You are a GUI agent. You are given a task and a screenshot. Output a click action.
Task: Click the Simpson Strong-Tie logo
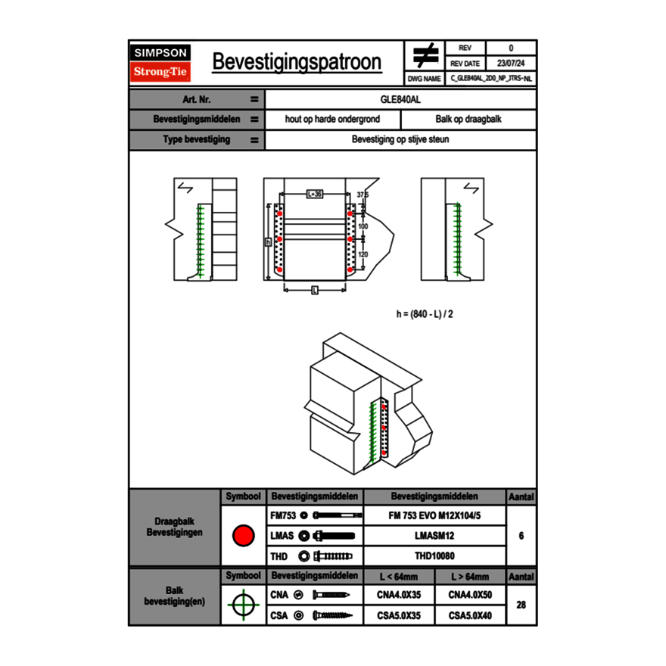(x=161, y=63)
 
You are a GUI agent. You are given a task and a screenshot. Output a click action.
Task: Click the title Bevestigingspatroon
(x=297, y=61)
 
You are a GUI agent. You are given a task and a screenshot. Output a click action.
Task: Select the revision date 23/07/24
(x=511, y=64)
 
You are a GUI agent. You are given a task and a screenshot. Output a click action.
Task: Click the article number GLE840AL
(x=400, y=99)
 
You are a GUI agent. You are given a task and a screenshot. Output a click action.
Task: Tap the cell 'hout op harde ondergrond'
(x=332, y=120)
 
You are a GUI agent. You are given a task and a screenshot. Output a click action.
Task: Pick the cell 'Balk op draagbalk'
(x=468, y=120)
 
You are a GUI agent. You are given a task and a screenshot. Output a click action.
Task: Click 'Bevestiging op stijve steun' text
(x=400, y=140)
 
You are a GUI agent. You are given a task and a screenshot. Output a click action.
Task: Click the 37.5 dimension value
(x=363, y=195)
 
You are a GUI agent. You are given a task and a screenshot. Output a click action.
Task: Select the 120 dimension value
(x=363, y=254)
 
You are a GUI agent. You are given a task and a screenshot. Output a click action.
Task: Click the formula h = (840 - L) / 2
(x=425, y=313)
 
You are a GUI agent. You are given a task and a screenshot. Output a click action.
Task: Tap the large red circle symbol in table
(x=243, y=536)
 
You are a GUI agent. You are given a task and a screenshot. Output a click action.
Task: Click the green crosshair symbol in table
(x=243, y=605)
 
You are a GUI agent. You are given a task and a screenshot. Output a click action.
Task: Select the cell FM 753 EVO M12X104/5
(x=434, y=515)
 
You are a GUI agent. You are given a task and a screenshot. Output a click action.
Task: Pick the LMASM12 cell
(x=434, y=536)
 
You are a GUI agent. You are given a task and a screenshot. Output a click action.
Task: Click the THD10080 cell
(x=434, y=556)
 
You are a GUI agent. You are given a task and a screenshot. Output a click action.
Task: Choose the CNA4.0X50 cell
(x=470, y=595)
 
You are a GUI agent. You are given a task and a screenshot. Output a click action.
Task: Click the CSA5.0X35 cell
(x=399, y=615)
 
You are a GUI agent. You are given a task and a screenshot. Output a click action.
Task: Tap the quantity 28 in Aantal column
(x=521, y=605)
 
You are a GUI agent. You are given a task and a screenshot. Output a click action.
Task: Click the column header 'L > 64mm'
(x=470, y=577)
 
